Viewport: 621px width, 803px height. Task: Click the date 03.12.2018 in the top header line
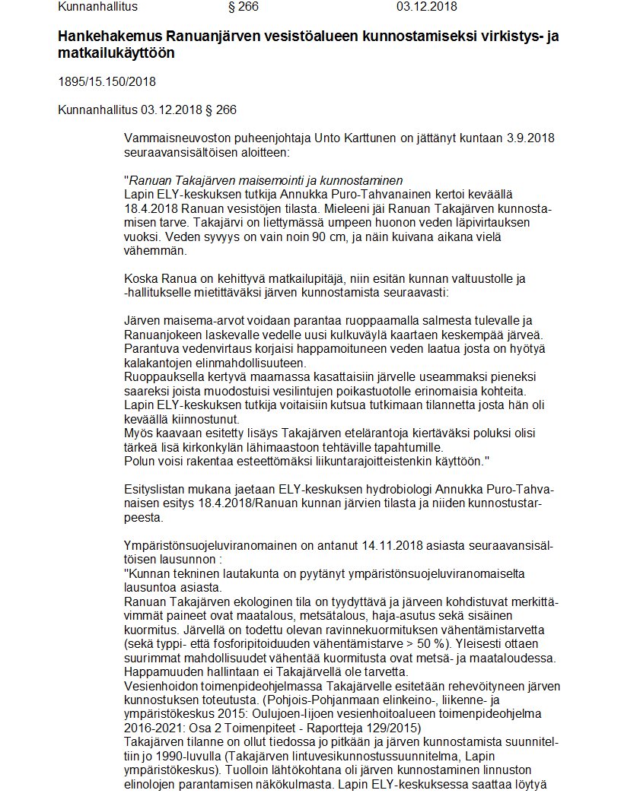(427, 7)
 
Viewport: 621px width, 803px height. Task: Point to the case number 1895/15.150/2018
(107, 82)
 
